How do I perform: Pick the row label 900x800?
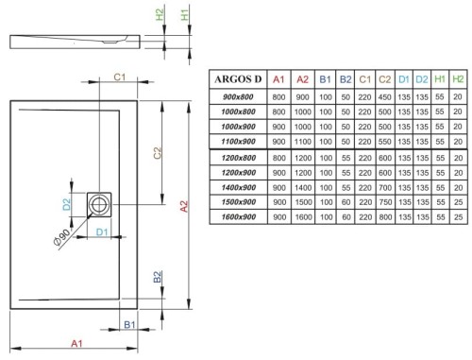coord(236,97)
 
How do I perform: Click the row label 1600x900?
coord(236,216)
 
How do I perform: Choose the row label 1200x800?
coord(236,157)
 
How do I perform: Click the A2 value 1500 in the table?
coord(301,201)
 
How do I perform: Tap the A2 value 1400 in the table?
coord(301,186)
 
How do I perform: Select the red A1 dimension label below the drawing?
coord(77,345)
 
